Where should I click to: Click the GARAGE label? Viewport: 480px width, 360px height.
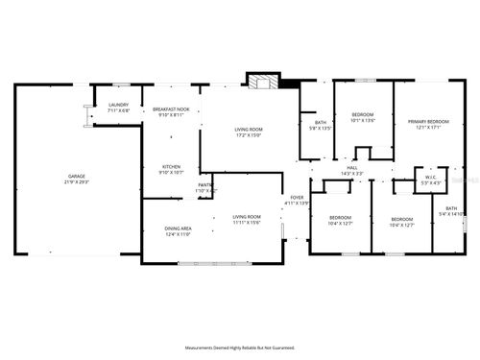[x=77, y=178]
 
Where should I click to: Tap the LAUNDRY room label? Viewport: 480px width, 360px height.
[x=119, y=104]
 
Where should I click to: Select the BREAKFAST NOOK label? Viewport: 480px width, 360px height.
[x=172, y=109]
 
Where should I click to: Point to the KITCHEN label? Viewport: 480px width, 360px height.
[x=172, y=166]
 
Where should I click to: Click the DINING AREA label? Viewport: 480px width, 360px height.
[x=180, y=228]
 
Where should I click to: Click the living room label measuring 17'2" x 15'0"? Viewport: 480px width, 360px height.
[x=250, y=129]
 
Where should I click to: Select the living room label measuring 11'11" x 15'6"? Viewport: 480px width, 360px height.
[x=247, y=217]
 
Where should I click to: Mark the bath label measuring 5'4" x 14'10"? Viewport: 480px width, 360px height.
[x=451, y=207]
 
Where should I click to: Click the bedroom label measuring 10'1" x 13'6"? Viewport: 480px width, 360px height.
[x=362, y=115]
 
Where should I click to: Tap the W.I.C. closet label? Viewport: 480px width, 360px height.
[x=427, y=178]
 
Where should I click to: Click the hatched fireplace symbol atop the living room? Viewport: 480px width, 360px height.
[x=260, y=81]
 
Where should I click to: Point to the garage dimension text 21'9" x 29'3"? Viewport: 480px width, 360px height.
[x=77, y=183]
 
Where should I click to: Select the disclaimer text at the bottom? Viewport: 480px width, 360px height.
[x=240, y=348]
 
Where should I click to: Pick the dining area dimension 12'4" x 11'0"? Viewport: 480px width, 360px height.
[x=180, y=234]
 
